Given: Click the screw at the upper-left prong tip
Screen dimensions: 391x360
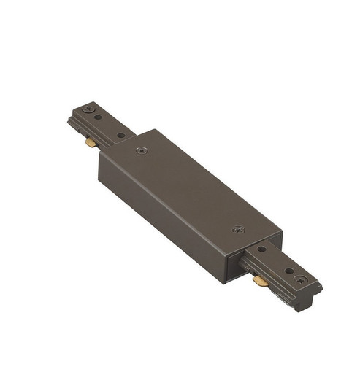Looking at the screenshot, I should (89, 109).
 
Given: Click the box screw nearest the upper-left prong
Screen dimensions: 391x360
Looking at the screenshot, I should (140, 151).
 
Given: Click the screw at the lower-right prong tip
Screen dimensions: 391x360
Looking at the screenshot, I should (297, 278).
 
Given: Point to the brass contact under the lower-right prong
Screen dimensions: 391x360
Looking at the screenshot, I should (258, 279).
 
